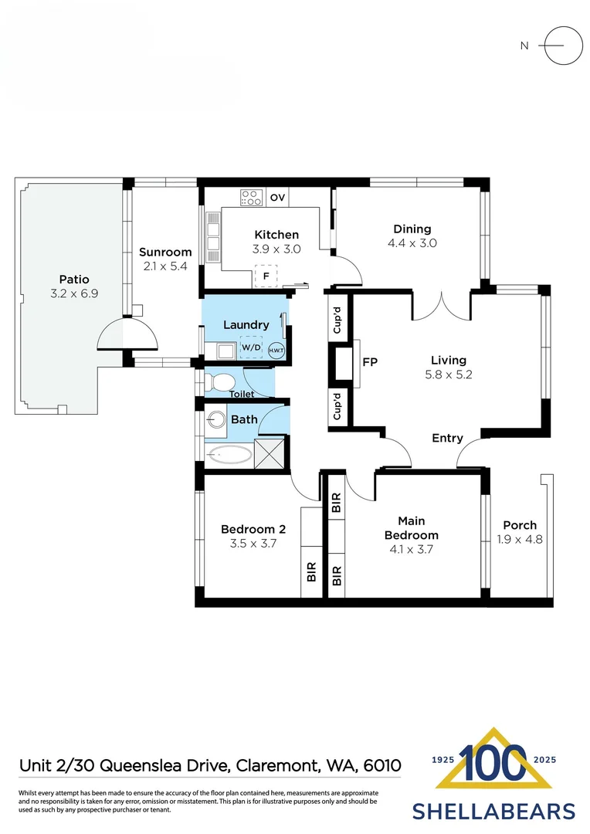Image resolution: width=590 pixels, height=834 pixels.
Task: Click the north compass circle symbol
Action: pos(563,46)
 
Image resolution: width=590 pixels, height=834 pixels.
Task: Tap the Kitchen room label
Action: pos(276,235)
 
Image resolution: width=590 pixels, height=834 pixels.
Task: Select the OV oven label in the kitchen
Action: pos(278,198)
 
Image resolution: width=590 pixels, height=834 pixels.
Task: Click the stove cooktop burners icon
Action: pos(251,198)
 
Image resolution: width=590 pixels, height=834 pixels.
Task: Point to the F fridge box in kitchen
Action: pos(266,276)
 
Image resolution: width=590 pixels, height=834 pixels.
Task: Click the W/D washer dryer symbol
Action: pos(252,348)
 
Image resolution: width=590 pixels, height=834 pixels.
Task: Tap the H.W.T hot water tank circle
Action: pos(276,350)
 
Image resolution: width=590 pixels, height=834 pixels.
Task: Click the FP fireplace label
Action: pos(370,361)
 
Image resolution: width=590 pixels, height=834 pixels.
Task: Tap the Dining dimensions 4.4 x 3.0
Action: pos(412,242)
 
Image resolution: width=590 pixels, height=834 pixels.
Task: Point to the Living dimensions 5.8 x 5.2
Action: pos(448,375)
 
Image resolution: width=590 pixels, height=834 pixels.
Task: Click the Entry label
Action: pos(447,438)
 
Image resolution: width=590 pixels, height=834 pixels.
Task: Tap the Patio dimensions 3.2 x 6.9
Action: pos(74,293)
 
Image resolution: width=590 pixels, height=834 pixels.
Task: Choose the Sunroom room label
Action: pos(165,252)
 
